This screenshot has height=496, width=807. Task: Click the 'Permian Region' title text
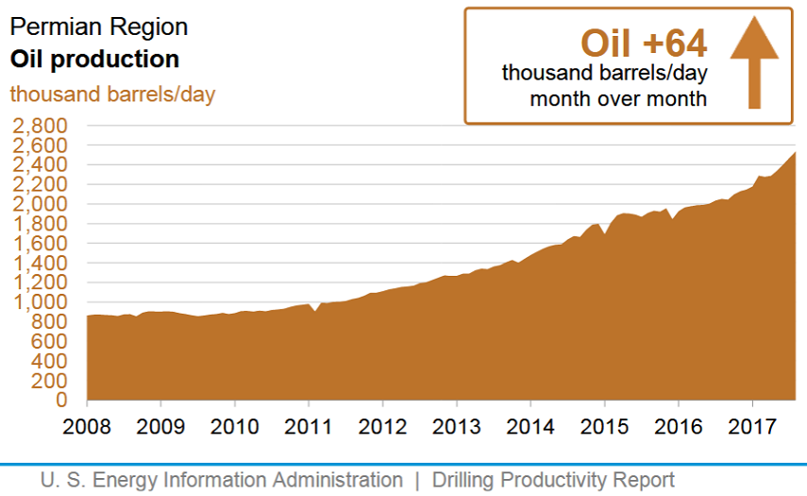coord(98,26)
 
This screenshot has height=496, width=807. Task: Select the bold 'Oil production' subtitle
coord(94,60)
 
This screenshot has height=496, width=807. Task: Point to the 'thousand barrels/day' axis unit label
coord(112,94)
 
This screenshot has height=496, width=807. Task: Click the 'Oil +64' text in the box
coord(643,43)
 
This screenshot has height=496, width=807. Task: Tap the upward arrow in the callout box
coord(753,64)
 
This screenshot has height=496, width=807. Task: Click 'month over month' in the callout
coord(618,99)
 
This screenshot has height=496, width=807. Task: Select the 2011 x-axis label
coord(309,426)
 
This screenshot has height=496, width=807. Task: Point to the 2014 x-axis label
coord(530,426)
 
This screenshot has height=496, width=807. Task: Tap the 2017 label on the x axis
coord(752,426)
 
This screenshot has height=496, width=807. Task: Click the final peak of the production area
coord(795,152)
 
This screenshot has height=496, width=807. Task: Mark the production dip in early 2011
coord(315,310)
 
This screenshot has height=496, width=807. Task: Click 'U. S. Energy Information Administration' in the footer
coord(221,480)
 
